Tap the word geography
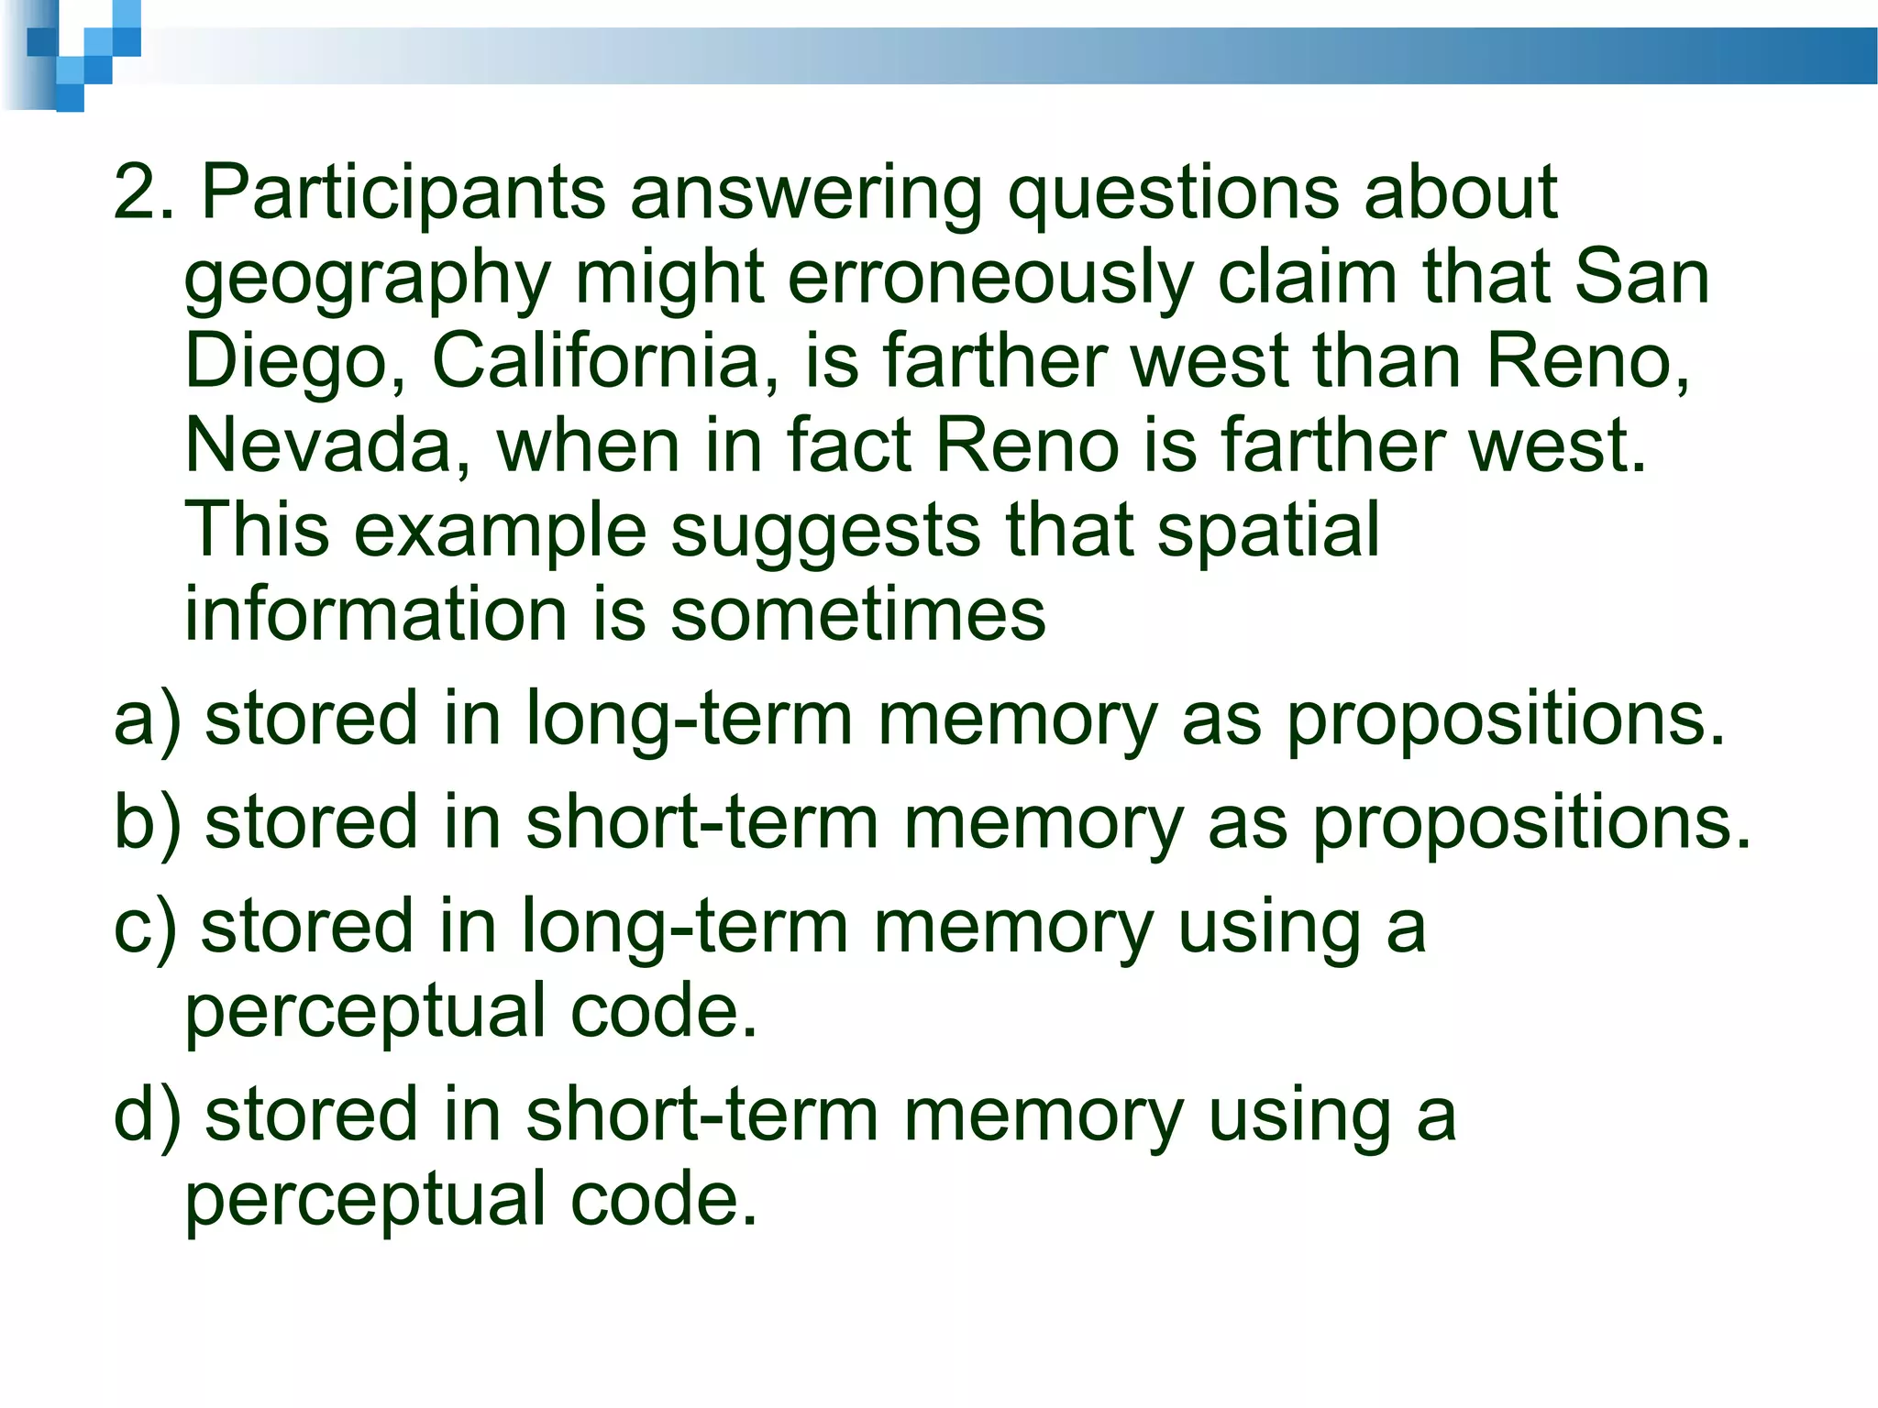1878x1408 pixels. (368, 280)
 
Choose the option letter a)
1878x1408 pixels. (147, 720)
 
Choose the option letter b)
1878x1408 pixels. (147, 822)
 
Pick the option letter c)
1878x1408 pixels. (145, 928)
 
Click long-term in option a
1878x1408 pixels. (689, 720)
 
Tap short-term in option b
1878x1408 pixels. (701, 822)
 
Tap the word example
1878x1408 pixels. (500, 532)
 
